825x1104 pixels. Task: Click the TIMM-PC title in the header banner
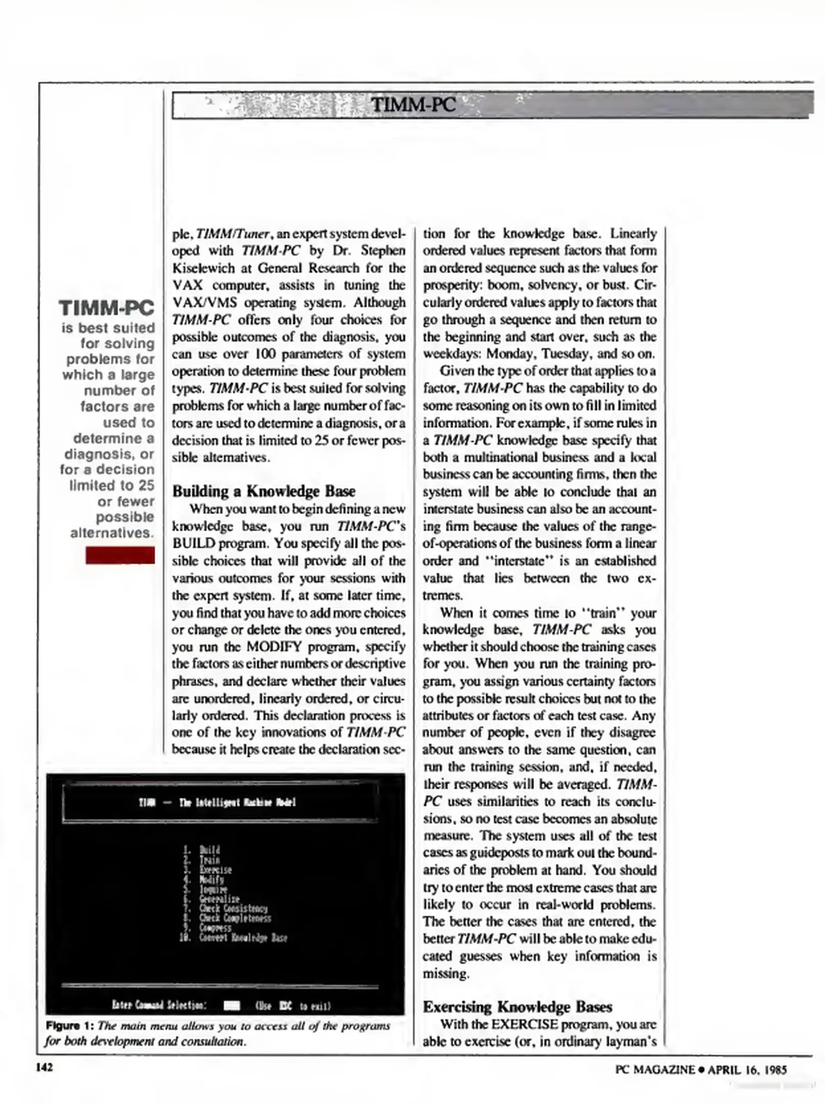pyautogui.click(x=413, y=105)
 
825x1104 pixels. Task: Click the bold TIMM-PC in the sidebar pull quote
pyautogui.click(x=106, y=308)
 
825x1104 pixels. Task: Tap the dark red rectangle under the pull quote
pyautogui.click(x=120, y=555)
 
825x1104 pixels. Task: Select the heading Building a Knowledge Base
pyautogui.click(x=263, y=491)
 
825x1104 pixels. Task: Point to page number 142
pyautogui.click(x=45, y=1068)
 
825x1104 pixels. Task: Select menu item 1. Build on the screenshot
pyautogui.click(x=203, y=850)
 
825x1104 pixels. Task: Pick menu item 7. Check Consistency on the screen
pyautogui.click(x=226, y=908)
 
